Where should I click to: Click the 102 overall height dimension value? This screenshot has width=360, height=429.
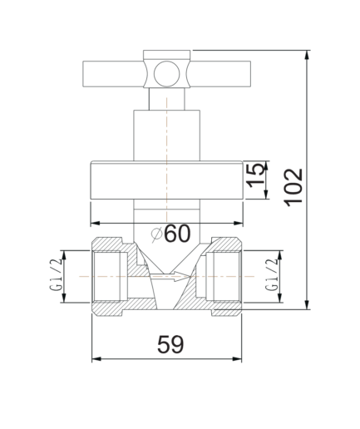pos(293,187)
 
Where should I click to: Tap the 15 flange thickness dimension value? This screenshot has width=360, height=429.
pos(255,175)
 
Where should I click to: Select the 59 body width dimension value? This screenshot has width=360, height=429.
pos(170,344)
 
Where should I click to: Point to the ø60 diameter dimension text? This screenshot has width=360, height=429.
pos(171,234)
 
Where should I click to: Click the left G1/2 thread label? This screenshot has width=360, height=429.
pos(56,276)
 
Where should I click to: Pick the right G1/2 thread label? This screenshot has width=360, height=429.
pos(271,275)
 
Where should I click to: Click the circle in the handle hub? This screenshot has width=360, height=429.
pos(167,74)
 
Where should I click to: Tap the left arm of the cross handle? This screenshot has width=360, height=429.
pos(114,74)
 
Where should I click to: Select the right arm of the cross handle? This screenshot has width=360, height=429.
pos(219,74)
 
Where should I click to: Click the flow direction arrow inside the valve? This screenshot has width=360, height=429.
pos(170,277)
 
